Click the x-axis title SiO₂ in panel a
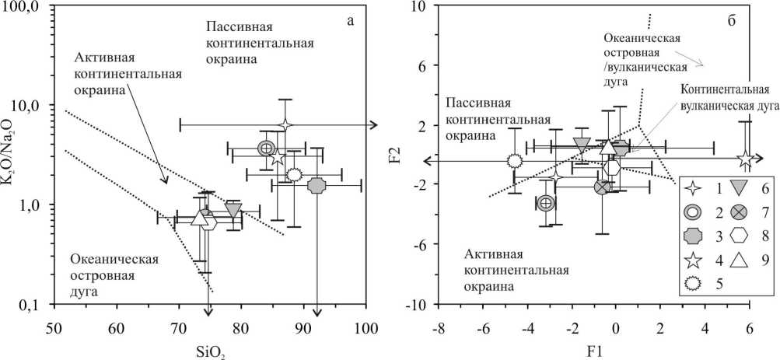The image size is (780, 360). point(209,346)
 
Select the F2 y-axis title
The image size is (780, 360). point(397,156)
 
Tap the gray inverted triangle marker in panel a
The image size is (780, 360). point(233,209)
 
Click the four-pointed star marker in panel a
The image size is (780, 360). point(285,124)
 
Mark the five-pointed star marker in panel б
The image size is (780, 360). point(746,160)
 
